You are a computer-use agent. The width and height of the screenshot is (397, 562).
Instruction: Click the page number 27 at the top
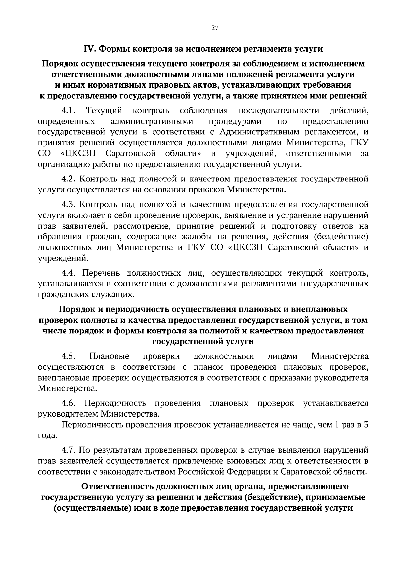coord(214,28)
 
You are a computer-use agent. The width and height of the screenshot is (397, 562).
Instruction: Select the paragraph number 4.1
coord(69,110)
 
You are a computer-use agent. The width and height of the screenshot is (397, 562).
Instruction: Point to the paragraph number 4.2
coord(69,179)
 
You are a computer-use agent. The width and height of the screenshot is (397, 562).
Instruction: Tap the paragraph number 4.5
coord(69,356)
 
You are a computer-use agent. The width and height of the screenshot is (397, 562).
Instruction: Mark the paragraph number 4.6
coord(69,403)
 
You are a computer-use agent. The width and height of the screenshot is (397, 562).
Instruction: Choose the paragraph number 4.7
coord(69,450)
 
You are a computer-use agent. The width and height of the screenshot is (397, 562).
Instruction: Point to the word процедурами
coord(235,121)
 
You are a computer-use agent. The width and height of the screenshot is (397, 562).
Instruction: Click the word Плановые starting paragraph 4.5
coord(109,356)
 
